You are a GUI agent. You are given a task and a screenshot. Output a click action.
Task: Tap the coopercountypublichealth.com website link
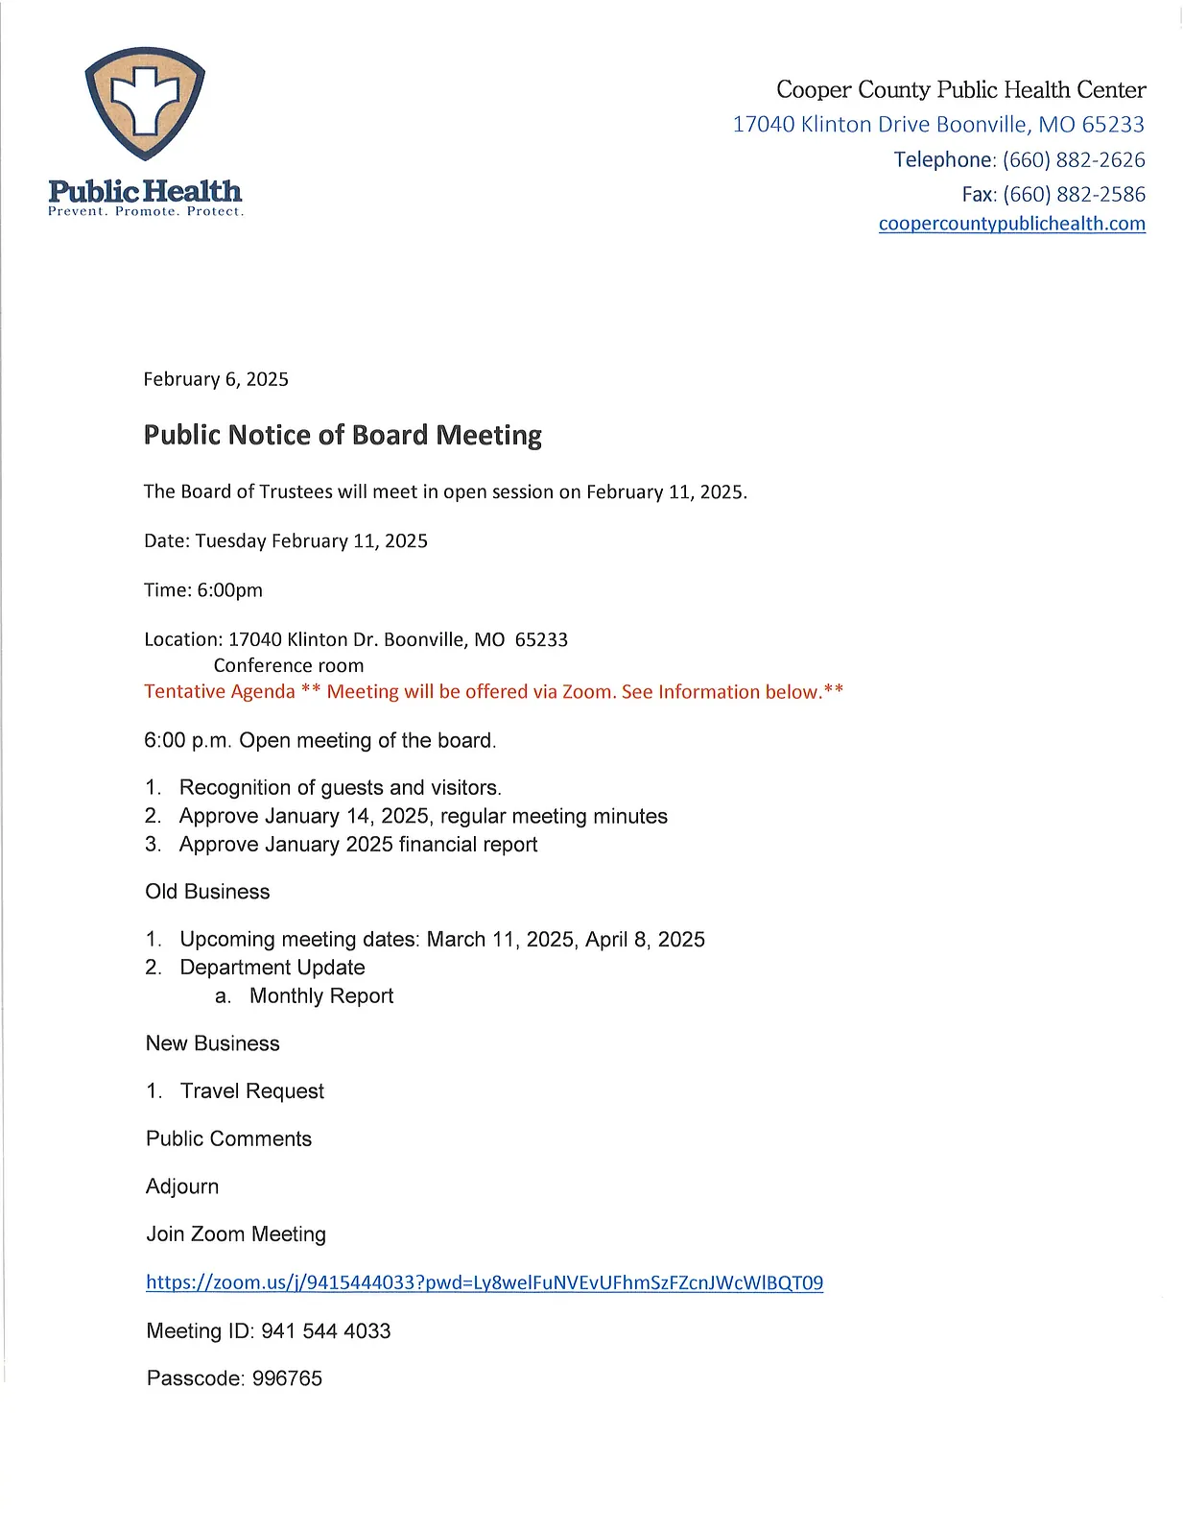[1011, 224]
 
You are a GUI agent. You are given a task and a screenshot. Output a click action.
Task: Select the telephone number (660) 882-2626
[1074, 159]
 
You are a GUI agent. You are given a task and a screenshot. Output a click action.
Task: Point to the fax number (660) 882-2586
[1074, 194]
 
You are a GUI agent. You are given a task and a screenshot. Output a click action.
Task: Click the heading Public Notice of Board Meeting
[343, 435]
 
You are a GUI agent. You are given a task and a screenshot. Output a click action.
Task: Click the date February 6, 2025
[216, 379]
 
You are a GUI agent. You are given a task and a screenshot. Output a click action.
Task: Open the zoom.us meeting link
[485, 1282]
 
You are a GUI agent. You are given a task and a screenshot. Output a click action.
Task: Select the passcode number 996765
[287, 1378]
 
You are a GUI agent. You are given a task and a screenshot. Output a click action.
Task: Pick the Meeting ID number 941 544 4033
[325, 1330]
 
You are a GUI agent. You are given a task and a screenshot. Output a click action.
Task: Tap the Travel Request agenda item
[251, 1091]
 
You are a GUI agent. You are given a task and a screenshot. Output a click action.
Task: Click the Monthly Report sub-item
[321, 996]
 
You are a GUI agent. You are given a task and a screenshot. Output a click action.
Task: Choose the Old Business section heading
[207, 892]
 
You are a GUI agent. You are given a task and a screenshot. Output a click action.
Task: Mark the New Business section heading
[213, 1043]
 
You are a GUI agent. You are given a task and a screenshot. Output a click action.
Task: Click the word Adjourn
[182, 1186]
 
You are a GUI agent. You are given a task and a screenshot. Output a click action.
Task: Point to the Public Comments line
[228, 1138]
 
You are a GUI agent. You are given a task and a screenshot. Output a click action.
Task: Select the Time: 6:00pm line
[203, 590]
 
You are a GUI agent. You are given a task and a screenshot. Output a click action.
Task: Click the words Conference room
[289, 665]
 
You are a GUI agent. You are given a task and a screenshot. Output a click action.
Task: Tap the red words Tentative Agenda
[220, 692]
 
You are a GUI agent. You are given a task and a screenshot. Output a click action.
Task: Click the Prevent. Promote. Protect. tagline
[146, 212]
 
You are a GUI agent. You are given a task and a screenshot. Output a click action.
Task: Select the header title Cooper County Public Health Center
[960, 90]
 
